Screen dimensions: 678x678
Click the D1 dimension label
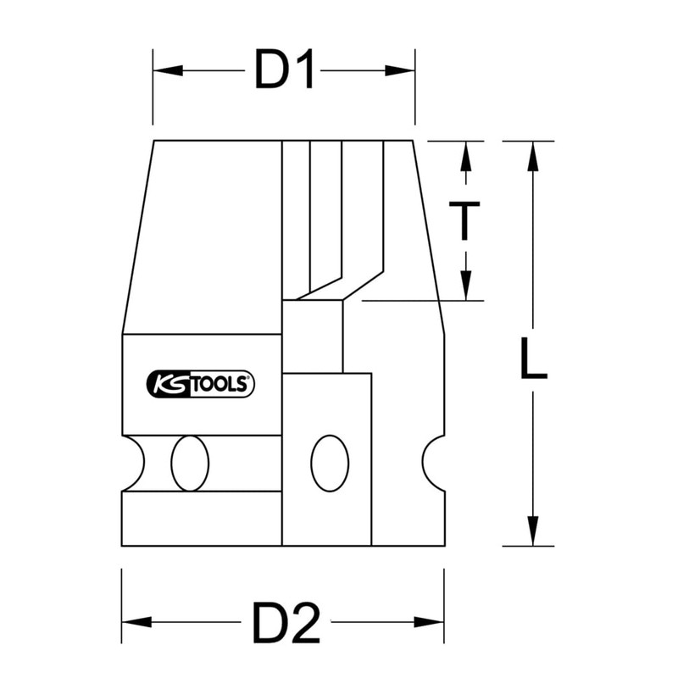tap(284, 69)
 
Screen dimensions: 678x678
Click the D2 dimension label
tap(286, 622)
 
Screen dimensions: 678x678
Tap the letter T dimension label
tap(464, 220)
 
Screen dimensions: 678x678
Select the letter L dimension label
tap(534, 359)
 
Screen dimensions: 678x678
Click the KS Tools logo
tap(201, 384)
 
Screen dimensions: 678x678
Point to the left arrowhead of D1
tap(168, 70)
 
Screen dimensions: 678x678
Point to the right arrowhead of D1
tap(400, 70)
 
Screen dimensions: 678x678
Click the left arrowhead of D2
tap(136, 622)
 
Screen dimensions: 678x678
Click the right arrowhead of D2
tap(429, 622)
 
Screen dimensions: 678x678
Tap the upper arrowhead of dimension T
tap(465, 156)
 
